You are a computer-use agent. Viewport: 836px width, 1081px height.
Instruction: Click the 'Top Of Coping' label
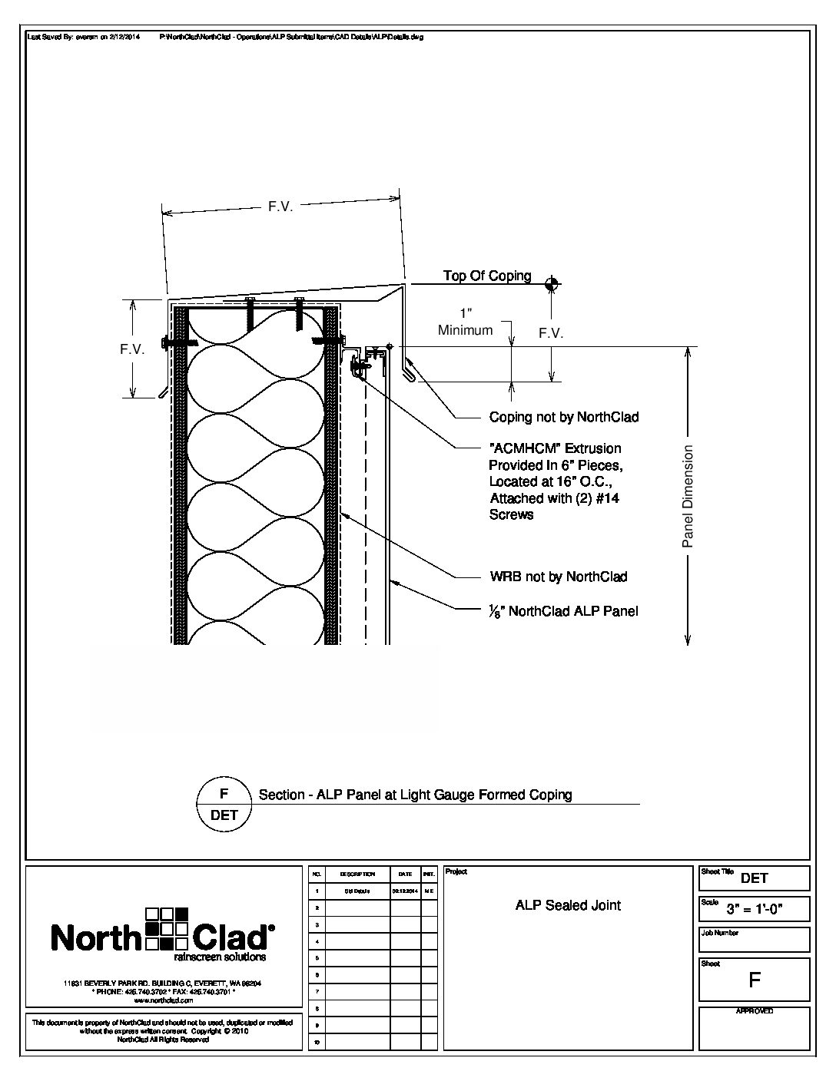click(487, 276)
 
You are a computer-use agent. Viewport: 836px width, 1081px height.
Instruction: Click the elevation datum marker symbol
click(550, 284)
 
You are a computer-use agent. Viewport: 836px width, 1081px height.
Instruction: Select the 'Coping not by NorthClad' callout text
click(564, 417)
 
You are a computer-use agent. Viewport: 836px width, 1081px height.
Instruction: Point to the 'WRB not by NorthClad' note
click(558, 577)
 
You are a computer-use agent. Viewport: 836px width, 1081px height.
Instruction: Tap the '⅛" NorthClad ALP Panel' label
click(563, 611)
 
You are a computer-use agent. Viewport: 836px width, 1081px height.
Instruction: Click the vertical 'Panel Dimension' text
click(688, 496)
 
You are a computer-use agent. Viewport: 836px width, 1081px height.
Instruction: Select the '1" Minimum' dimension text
click(465, 322)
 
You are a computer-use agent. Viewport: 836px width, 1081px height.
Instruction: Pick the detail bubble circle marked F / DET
click(224, 804)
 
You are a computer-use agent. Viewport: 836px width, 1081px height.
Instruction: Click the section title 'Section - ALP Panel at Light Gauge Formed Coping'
click(415, 795)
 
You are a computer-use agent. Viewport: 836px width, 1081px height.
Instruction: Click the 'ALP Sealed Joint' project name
click(568, 905)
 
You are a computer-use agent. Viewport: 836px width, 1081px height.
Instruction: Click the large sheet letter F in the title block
click(755, 980)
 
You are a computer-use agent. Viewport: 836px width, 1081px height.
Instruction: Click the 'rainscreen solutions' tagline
click(220, 957)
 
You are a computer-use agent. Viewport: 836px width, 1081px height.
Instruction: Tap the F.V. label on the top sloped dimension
click(280, 207)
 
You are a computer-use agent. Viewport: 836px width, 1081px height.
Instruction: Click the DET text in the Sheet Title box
click(755, 878)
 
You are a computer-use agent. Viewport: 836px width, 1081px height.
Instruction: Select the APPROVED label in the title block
click(754, 1011)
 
